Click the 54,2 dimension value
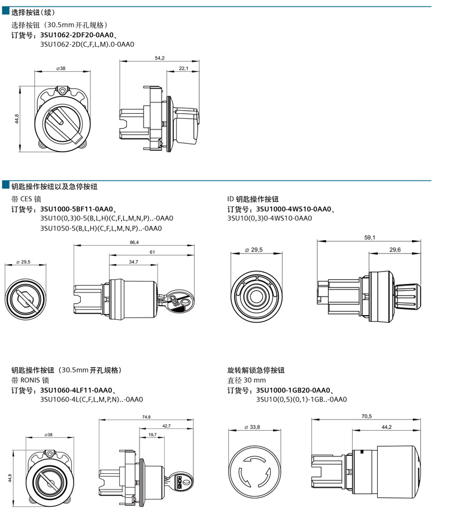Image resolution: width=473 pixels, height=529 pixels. point(160,58)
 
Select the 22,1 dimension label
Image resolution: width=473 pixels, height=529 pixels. point(183,69)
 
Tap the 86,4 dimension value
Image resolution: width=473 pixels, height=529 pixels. point(134,242)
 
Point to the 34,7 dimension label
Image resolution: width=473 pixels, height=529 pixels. point(134,262)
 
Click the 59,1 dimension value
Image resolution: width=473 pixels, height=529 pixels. point(369,238)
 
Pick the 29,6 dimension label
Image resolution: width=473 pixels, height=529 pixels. point(395,250)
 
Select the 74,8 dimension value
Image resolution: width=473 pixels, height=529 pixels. point(146,417)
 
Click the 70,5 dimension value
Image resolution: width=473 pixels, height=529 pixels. point(367,416)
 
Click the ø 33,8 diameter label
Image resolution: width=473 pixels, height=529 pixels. point(253,427)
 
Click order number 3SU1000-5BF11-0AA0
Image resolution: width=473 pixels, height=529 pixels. point(77,209)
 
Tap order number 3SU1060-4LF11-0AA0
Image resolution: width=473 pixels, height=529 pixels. point(77,391)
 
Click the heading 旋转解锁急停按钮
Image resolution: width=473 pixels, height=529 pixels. point(256,370)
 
